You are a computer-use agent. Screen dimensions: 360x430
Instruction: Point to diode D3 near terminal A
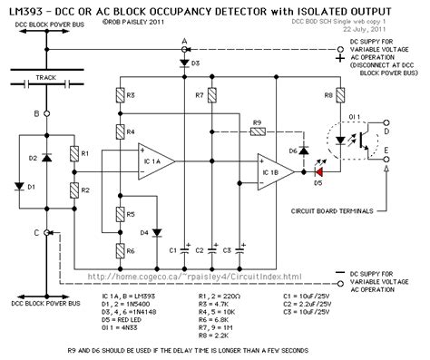184,60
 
